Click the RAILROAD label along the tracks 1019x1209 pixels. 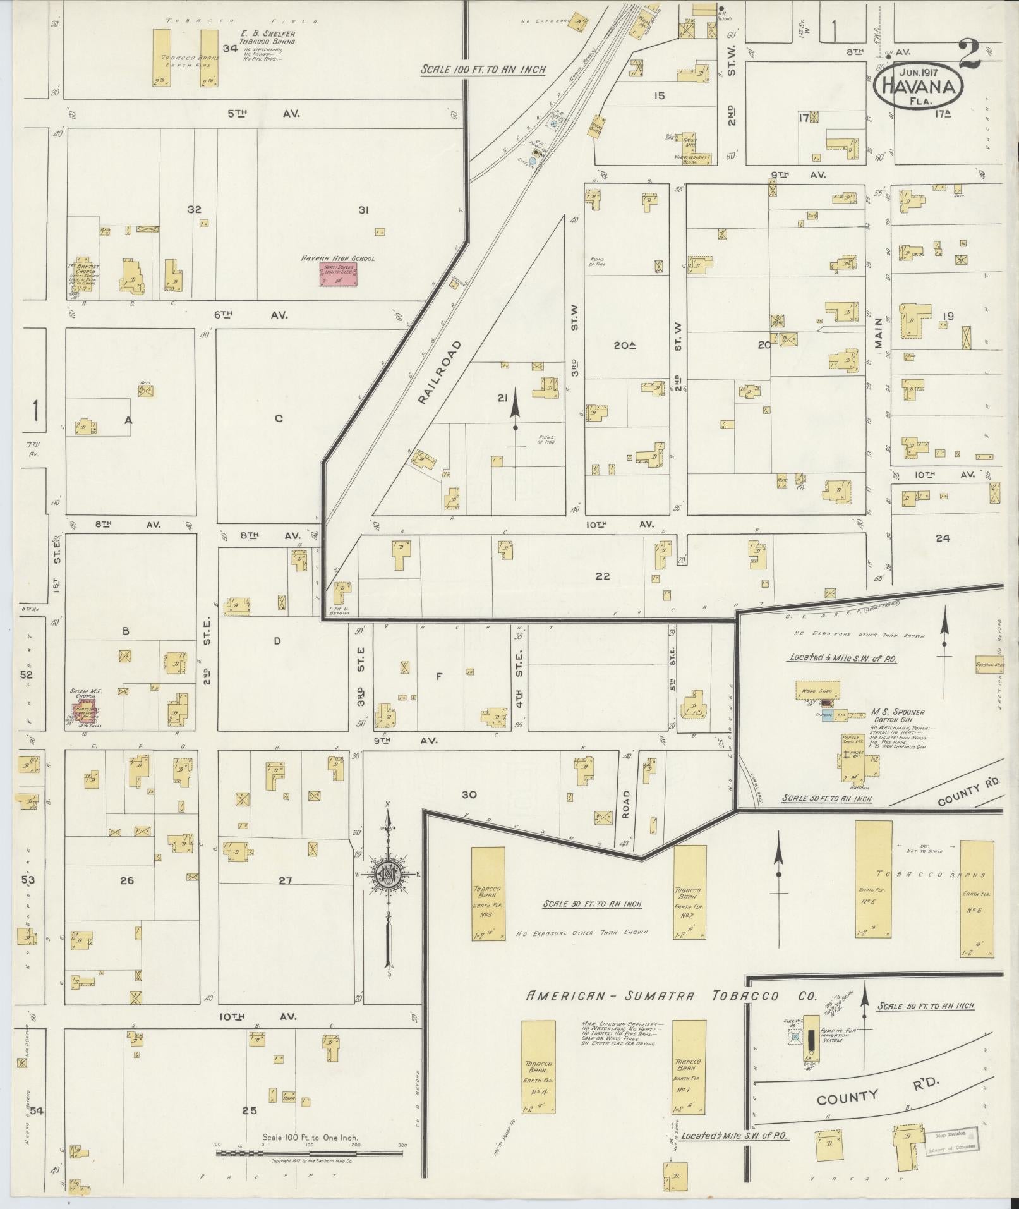[440, 372]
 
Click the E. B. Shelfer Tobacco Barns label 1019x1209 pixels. [267, 37]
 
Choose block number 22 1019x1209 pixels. [602, 576]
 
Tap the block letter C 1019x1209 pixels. [277, 418]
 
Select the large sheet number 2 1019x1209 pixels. [969, 55]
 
